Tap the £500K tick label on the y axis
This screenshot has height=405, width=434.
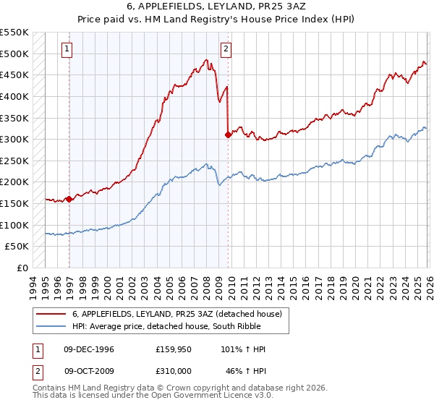tap(14, 54)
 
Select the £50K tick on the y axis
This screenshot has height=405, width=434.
tap(17, 247)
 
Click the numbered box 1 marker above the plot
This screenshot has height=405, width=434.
tap(67, 49)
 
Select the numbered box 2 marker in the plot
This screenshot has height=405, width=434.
tap(226, 49)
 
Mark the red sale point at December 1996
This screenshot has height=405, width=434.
tap(69, 199)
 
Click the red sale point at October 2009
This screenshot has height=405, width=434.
tap(228, 135)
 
